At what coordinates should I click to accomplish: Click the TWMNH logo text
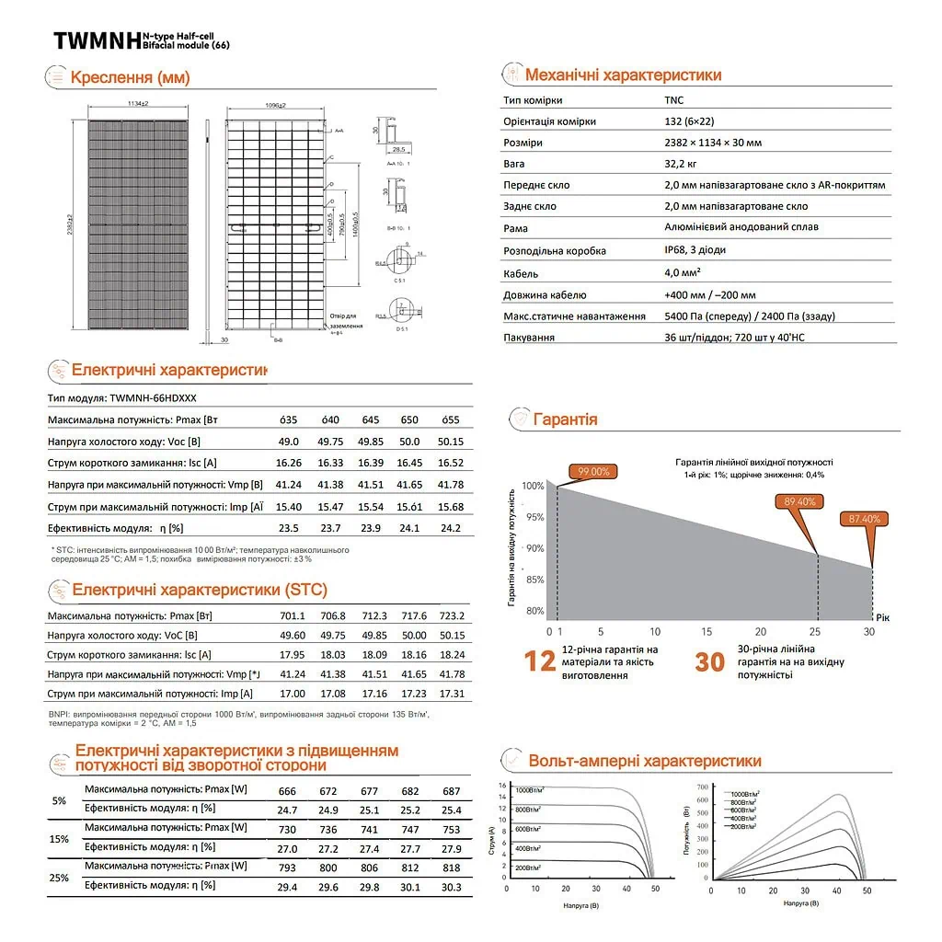pos(96,40)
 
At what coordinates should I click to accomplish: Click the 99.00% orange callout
pos(593,471)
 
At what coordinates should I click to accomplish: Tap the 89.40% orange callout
pos(799,501)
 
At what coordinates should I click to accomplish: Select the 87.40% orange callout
pos(863,519)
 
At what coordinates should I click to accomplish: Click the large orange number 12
pos(540,661)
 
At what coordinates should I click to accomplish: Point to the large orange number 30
pos(709,661)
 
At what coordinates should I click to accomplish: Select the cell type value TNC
pos(673,100)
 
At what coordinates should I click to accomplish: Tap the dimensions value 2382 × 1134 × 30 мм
pos(712,143)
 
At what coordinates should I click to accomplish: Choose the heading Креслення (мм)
pos(130,77)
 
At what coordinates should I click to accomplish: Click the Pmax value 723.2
pos(452,615)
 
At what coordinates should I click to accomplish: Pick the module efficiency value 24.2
pos(452,528)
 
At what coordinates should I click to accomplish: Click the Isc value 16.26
pos(289,463)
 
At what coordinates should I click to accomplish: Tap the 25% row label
pos(59,878)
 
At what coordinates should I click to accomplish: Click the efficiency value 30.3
pos(452,887)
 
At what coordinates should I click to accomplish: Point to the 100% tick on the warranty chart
pos(533,486)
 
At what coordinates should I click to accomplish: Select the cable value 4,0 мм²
pos(683,273)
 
